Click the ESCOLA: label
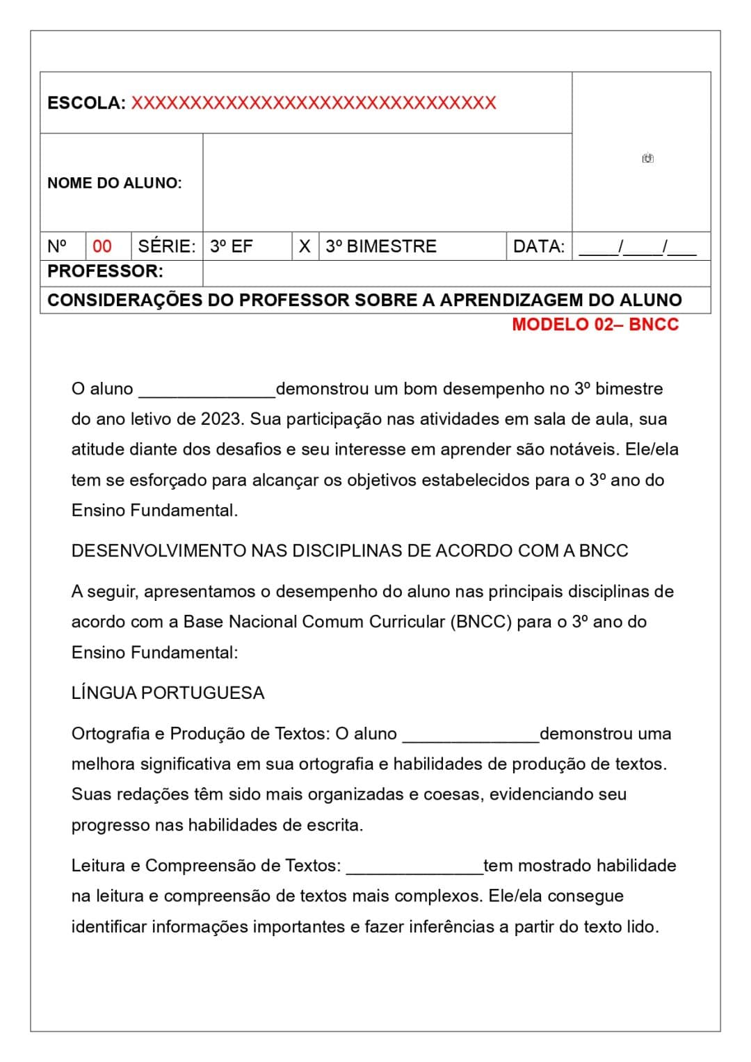86,103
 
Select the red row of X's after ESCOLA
314,103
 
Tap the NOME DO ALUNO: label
114,183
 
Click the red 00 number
102,246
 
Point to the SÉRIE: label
166,246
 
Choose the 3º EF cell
232,246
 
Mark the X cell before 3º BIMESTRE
305,246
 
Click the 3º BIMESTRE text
381,246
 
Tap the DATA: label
538,246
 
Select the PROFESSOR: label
105,271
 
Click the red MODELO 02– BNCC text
595,324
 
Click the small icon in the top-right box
648,158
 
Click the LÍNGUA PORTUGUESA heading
168,693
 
